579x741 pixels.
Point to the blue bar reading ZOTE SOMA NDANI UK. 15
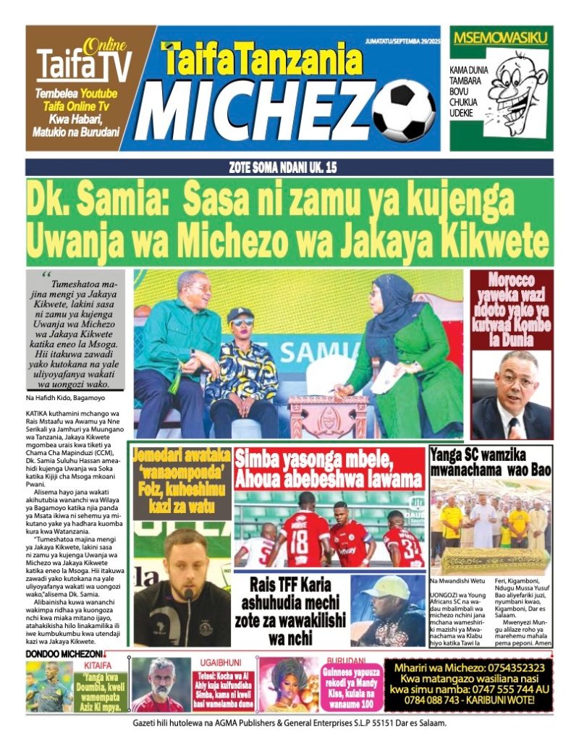(289, 167)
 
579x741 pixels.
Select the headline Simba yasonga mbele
(328, 468)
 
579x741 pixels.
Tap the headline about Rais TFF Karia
(291, 610)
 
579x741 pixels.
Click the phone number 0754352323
(507, 666)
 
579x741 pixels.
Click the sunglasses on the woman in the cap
(242, 322)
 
